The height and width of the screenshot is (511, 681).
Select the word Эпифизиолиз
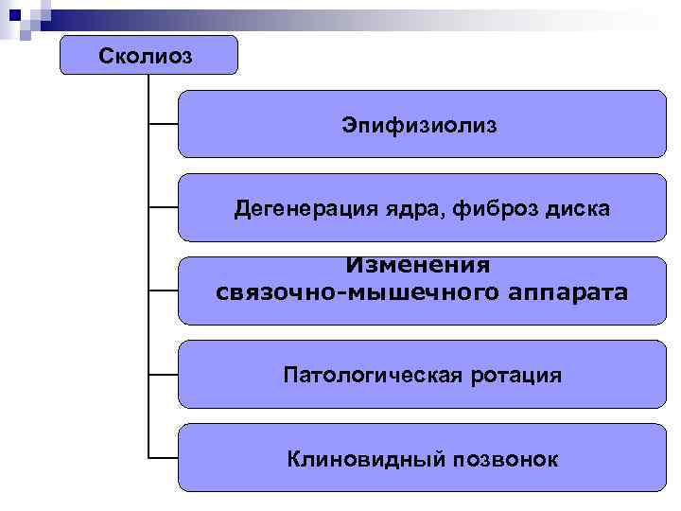coord(420,125)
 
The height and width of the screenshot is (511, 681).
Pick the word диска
coord(577,208)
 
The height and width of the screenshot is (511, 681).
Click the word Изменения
coord(420,267)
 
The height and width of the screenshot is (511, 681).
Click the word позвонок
coord(504,460)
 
